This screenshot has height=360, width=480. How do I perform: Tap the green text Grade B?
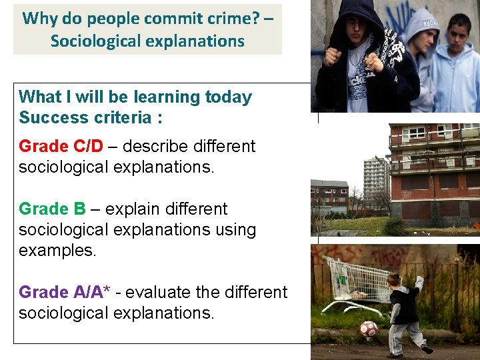(x=52, y=209)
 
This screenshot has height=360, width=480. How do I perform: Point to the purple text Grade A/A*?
(x=65, y=292)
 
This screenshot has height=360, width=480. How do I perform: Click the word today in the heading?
(x=228, y=97)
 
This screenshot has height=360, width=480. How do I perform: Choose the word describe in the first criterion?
(x=154, y=146)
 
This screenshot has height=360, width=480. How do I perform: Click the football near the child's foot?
(x=369, y=328)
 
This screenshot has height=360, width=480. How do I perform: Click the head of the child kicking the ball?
(x=394, y=280)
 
